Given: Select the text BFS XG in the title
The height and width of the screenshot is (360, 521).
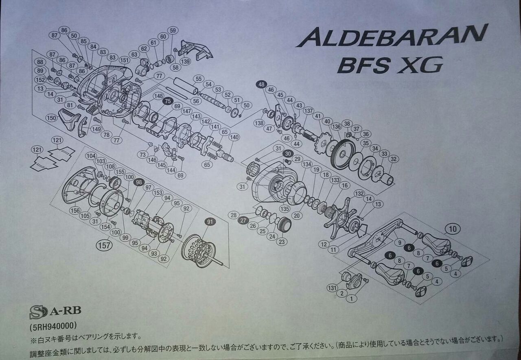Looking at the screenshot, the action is click(x=390, y=65).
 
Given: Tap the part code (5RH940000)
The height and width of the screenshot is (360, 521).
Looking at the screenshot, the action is click(x=53, y=326).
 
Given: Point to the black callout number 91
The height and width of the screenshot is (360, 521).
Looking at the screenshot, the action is click(x=210, y=222).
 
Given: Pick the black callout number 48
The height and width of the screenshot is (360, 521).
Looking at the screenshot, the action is click(x=261, y=85).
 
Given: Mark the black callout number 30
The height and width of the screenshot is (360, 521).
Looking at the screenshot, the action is click(x=288, y=154).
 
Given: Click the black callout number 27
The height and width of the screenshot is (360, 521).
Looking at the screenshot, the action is click(x=243, y=220).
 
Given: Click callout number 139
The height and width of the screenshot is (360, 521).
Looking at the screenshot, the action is click(x=185, y=61).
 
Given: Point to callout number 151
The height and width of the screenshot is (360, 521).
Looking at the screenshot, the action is click(x=125, y=61).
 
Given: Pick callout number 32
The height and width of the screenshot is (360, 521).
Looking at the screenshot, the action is click(x=393, y=159).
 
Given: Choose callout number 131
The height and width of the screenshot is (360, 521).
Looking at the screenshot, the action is click(x=333, y=288).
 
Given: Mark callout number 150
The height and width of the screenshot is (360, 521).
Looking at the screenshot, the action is click(x=51, y=118).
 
